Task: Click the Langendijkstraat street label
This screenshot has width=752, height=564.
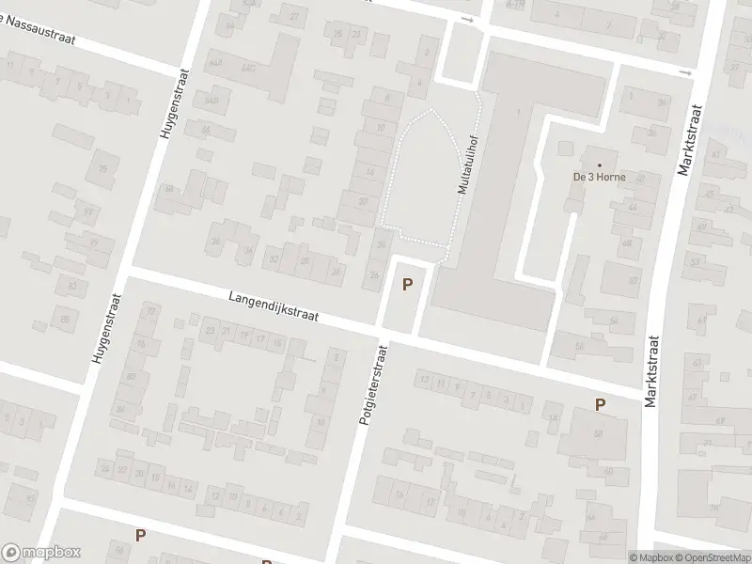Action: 273,307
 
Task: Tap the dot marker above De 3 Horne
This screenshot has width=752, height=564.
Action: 599,164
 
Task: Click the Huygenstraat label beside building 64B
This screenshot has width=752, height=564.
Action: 174,103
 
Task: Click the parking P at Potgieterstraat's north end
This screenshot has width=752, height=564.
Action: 407,285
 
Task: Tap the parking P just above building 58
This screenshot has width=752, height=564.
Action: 600,404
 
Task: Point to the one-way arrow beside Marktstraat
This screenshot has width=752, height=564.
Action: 685,72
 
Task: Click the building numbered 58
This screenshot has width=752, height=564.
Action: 597,433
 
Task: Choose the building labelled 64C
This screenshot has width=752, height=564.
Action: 248,68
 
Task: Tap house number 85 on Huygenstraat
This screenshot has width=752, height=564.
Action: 66,320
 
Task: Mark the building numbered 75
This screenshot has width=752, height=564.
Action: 103,168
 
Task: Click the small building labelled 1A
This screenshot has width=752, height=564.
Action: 554,418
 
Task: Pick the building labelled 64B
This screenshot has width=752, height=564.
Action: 211,99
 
